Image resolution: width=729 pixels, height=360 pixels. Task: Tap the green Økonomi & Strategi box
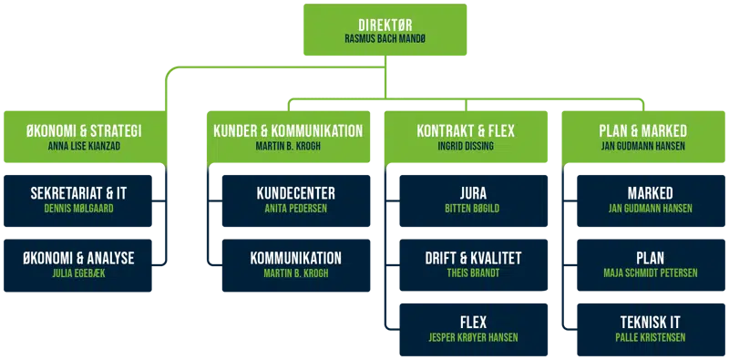pos(84,137)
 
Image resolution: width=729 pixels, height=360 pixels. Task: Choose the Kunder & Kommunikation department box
pos(287,137)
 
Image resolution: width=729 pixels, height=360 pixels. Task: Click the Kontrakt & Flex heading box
pos(465,137)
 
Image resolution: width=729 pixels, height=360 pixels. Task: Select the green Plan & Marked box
pos(643,137)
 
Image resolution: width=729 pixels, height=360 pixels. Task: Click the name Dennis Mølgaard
pos(83,209)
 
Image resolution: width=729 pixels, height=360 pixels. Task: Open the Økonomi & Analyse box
pos(83,263)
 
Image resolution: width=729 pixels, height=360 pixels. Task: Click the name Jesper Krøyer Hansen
pos(474,336)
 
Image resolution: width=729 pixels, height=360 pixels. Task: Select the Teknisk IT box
pos(651,328)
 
